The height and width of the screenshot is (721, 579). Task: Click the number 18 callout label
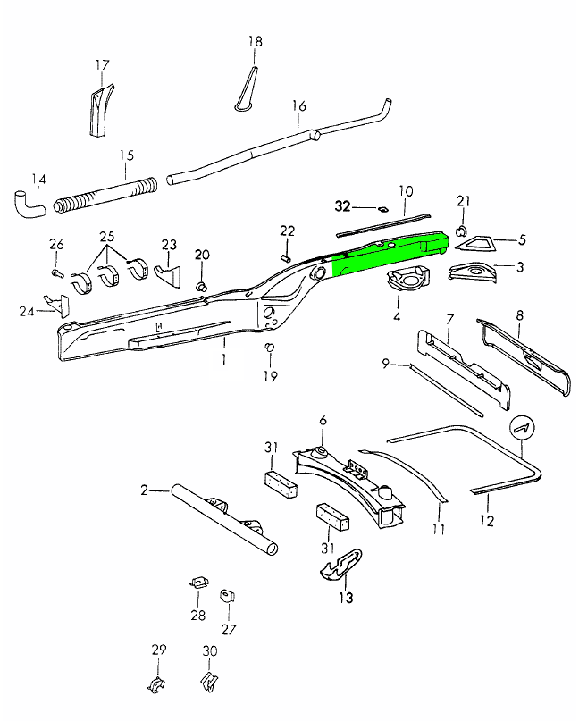click(256, 42)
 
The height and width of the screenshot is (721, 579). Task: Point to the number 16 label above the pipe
click(298, 106)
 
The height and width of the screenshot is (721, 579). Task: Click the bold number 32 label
click(343, 206)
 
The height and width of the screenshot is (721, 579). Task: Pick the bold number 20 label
click(202, 255)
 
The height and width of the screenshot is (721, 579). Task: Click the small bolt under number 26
click(56, 272)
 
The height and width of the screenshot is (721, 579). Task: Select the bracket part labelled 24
click(55, 305)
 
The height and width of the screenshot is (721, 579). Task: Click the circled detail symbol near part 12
click(522, 428)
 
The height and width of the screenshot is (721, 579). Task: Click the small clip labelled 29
click(156, 686)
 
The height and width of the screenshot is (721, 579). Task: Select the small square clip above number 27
click(228, 593)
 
